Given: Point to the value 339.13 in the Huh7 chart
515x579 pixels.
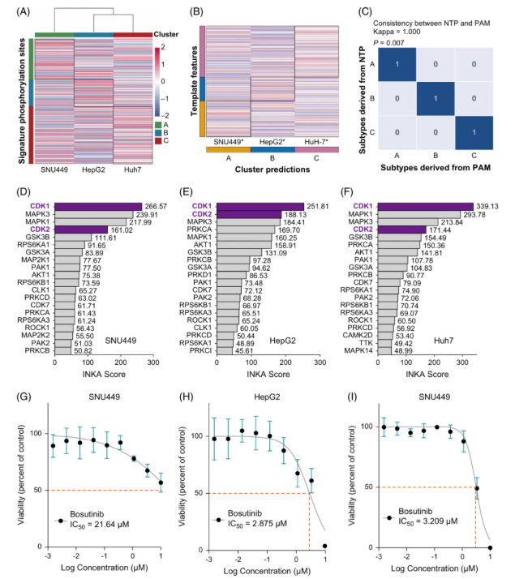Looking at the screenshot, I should (491, 207).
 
